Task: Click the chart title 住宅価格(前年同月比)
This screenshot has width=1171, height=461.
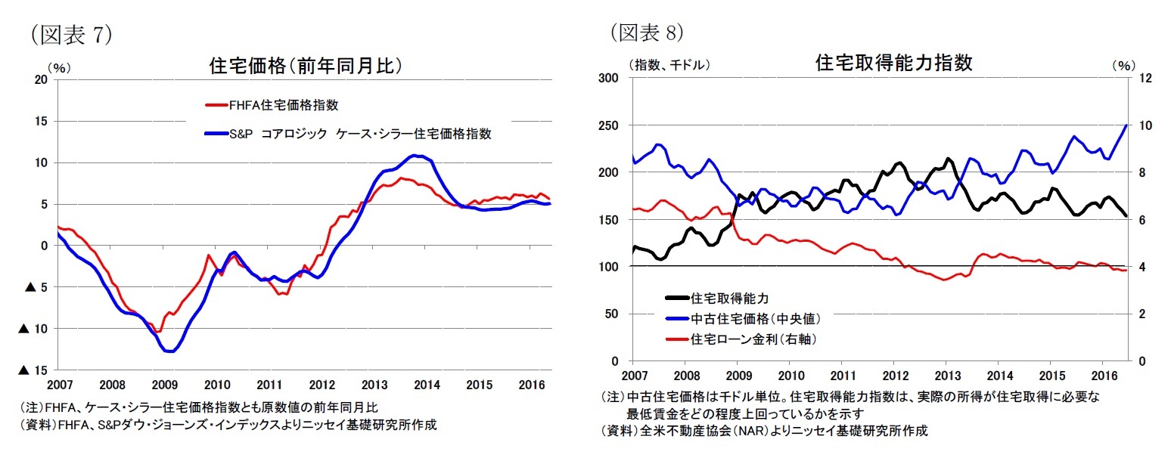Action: [x=305, y=66]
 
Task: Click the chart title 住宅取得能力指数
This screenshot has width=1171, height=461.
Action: [x=893, y=63]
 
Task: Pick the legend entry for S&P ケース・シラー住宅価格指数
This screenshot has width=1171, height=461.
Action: [x=360, y=133]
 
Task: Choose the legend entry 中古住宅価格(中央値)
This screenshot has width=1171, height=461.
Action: [x=756, y=319]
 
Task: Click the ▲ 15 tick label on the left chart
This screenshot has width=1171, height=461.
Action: [x=35, y=370]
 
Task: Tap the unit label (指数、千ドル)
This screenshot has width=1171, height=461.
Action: [x=669, y=65]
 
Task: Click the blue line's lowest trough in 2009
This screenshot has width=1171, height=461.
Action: [x=169, y=351]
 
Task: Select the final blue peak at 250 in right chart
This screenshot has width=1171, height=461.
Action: [x=1126, y=125]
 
